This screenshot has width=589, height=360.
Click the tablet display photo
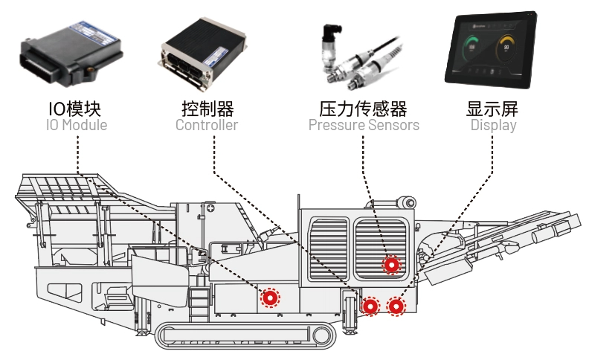point(492,49)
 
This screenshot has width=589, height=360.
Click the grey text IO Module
point(75,125)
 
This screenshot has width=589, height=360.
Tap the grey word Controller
point(207,125)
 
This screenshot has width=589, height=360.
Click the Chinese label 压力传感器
point(364,108)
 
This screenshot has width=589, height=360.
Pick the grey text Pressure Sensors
point(364,125)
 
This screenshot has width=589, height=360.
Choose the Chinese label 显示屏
point(493,108)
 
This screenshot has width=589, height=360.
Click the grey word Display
point(493,125)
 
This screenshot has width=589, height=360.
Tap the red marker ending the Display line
point(397,306)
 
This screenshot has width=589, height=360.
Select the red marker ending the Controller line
point(370,306)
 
